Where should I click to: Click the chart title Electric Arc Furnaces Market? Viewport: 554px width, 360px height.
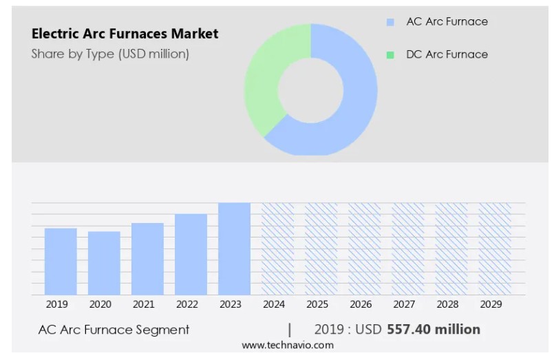[125, 34]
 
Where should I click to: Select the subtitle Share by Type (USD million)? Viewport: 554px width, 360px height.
[110, 54]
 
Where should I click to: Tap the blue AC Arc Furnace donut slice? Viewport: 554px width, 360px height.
[351, 103]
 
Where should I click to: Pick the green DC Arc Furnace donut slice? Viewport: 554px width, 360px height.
[265, 83]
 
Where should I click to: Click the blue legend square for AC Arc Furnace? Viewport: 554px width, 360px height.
[391, 22]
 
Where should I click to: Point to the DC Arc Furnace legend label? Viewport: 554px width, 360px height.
[447, 54]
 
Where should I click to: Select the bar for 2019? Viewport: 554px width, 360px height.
[61, 262]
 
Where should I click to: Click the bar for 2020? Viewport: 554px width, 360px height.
[104, 263]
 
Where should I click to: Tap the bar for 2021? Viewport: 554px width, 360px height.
[147, 259]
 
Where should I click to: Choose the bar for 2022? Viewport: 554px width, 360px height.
[191, 255]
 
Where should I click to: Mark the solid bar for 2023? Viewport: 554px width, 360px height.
[234, 249]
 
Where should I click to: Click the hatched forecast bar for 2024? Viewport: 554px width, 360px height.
[277, 249]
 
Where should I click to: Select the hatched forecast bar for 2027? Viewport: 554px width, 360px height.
[408, 249]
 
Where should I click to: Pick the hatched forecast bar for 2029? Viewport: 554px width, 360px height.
[495, 249]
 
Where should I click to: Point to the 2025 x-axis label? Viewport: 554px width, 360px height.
[317, 304]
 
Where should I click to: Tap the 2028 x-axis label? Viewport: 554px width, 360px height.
[447, 304]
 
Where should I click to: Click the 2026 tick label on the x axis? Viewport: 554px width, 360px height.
[361, 304]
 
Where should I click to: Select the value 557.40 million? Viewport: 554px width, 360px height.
[434, 330]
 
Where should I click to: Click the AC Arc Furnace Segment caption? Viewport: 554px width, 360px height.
[114, 330]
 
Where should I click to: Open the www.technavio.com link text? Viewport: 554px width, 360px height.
[288, 346]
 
